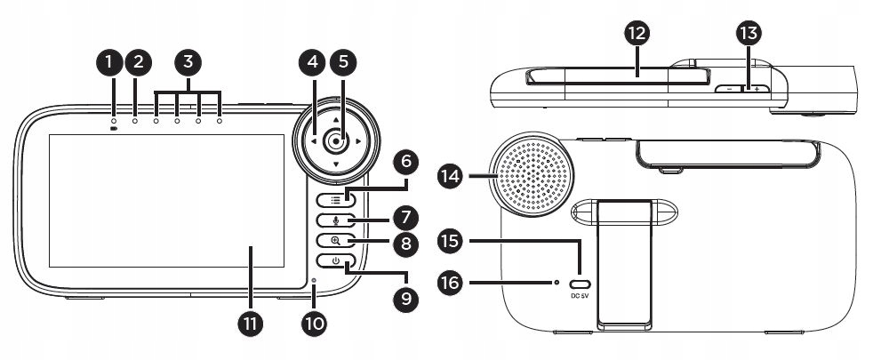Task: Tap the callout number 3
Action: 188,63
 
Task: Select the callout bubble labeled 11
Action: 251,324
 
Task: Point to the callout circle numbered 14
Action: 451,177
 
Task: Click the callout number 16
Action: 451,283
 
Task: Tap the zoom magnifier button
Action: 336,240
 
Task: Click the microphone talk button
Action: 336,220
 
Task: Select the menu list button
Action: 336,199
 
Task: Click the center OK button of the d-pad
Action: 336,141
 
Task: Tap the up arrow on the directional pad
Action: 336,120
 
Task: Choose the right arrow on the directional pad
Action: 358,141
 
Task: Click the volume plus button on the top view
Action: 757,89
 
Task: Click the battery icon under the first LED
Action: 114,129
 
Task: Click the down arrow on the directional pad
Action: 336,164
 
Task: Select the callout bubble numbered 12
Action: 637,34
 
